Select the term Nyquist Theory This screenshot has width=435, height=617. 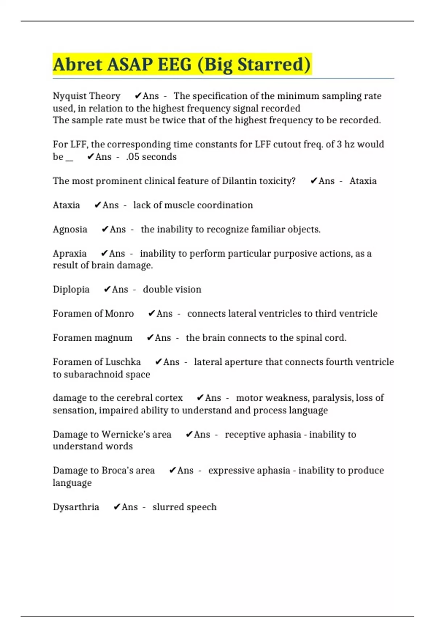(86, 96)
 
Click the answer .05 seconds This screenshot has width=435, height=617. (152, 157)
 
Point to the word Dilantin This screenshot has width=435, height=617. (239, 181)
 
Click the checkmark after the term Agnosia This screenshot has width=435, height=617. (105, 229)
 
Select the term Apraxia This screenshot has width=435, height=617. (70, 254)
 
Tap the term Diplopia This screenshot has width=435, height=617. (71, 290)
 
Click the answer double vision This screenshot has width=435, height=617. (172, 290)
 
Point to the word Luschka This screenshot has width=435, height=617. (123, 362)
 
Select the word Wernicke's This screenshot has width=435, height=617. (126, 434)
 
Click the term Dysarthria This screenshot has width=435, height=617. (76, 507)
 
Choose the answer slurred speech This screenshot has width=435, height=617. (184, 507)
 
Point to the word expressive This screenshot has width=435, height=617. (231, 471)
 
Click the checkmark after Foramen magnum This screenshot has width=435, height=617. (150, 338)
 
